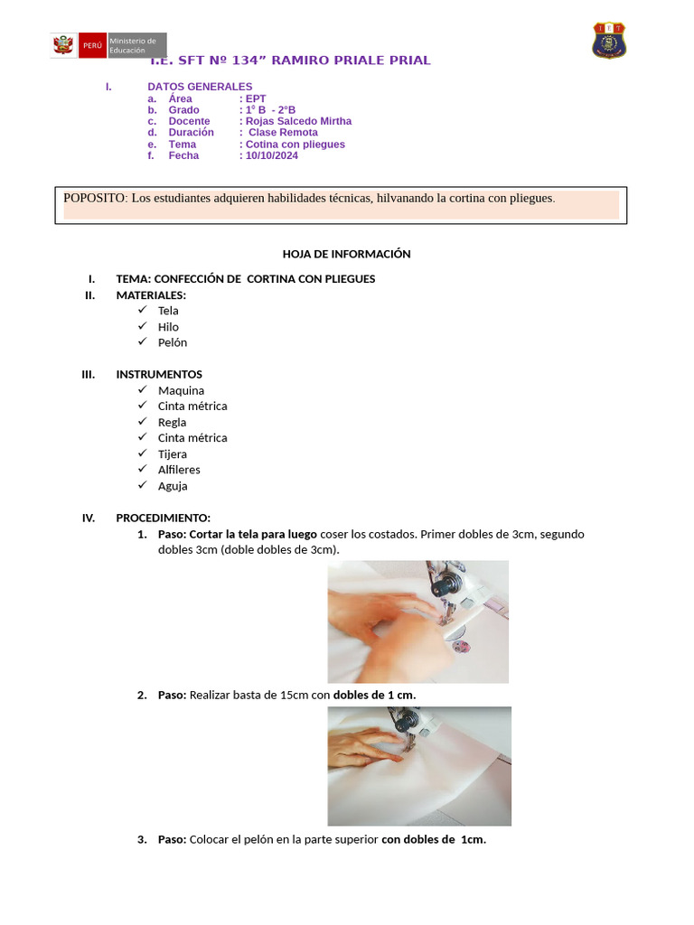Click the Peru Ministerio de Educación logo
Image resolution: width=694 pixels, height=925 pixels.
point(108,45)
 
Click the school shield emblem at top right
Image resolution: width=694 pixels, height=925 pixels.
point(609,41)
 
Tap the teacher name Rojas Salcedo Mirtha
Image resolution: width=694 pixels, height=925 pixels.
point(298,121)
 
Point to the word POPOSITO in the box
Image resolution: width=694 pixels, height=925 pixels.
point(95,198)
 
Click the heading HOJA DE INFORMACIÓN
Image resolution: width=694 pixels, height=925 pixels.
point(346,254)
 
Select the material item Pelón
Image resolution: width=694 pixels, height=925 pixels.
point(173,342)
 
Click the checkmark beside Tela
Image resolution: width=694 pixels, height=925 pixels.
point(142,310)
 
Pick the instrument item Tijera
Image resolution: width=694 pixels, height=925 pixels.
point(173,453)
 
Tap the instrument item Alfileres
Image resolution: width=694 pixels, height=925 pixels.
point(179,470)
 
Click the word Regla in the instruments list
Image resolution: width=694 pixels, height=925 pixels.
point(172,422)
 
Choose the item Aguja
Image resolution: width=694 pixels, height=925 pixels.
point(173,485)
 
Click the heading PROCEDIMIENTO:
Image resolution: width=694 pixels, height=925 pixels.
point(163,518)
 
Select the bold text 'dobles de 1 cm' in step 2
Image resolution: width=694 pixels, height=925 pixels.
point(373,695)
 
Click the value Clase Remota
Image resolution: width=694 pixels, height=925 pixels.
point(283,133)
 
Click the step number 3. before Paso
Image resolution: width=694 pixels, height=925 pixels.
point(142,839)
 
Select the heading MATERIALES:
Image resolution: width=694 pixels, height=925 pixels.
point(151,294)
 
